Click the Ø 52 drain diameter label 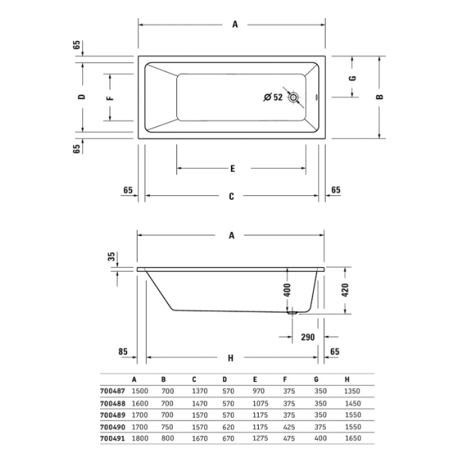click(273, 97)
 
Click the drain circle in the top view click(293, 97)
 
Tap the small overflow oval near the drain click(316, 97)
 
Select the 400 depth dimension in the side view click(287, 290)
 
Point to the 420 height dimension click(346, 290)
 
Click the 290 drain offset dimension click(308, 337)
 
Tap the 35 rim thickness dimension click(112, 257)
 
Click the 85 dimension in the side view click(123, 351)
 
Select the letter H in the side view click(230, 358)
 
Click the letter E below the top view click(233, 169)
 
